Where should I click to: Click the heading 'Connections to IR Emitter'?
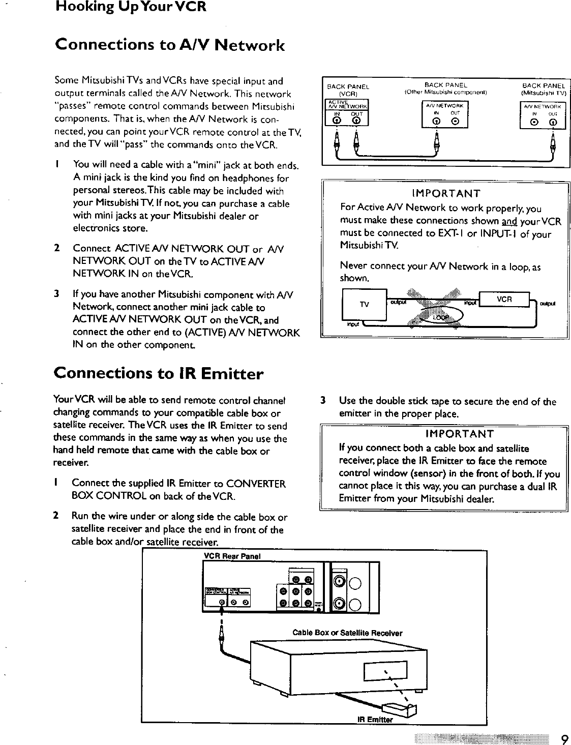158,374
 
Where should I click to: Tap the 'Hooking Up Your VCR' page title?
131,8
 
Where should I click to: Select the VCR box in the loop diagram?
504,300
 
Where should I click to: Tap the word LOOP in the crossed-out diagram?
439,318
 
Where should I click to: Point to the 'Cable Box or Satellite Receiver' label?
347,633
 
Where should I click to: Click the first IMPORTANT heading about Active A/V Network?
446,194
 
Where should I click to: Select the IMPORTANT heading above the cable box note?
459,434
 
